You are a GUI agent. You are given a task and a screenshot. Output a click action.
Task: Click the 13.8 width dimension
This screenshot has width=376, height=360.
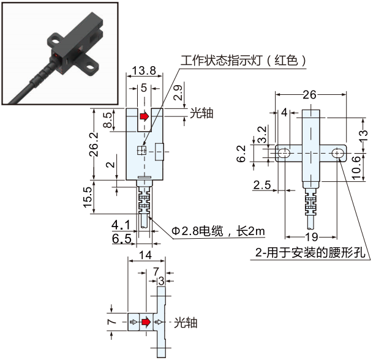point(144,71)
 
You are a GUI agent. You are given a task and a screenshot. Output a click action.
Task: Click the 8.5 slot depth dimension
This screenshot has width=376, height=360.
point(108,119)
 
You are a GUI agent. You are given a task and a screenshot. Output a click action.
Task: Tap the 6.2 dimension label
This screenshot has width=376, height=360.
point(244,154)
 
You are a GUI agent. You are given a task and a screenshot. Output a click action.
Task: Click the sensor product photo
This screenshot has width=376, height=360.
point(55,54)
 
